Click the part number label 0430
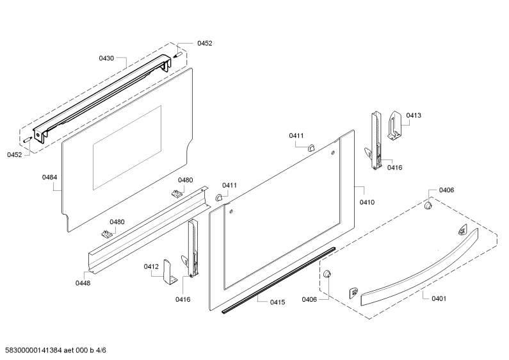pyautogui.click(x=106, y=58)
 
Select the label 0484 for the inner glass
pyautogui.click(x=49, y=177)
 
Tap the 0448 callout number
pyautogui.click(x=83, y=283)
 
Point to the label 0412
pyautogui.click(x=151, y=266)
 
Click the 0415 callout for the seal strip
pyautogui.click(x=277, y=302)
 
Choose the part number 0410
pyautogui.click(x=367, y=202)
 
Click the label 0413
pyautogui.click(x=414, y=115)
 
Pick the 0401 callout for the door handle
pyautogui.click(x=439, y=299)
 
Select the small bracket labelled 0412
pyautogui.click(x=170, y=272)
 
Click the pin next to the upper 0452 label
pyautogui.click(x=178, y=54)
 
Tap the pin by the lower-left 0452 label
pyautogui.click(x=27, y=140)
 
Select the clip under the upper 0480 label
pyautogui.click(x=176, y=193)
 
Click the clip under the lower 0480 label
pyautogui.click(x=106, y=234)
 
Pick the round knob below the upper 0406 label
pyautogui.click(x=428, y=206)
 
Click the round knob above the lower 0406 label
pyautogui.click(x=327, y=274)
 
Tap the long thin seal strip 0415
pyautogui.click(x=279, y=280)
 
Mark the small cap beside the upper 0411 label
pyautogui.click(x=311, y=148)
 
